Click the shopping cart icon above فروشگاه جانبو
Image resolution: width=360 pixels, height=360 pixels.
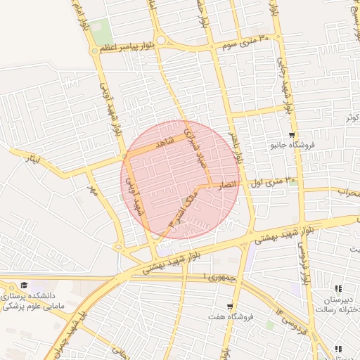click(x=292, y=135)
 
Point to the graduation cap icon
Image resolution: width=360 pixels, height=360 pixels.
click(x=25, y=285)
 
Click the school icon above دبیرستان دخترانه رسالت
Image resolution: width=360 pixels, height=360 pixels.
click(x=338, y=288)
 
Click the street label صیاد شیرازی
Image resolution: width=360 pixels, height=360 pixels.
click(x=193, y=148)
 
